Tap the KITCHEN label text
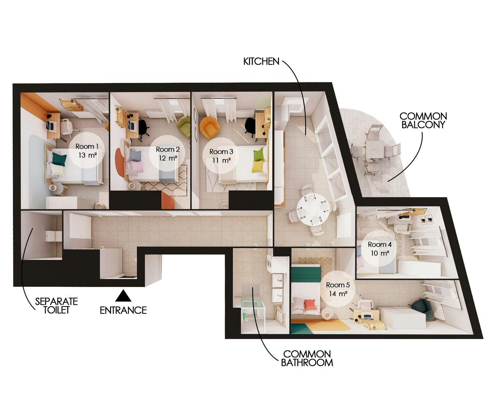[261, 61]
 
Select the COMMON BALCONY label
[423, 120]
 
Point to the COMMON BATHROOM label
[307, 358]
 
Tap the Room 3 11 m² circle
[221, 156]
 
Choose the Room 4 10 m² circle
[380, 248]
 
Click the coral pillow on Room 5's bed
[310, 305]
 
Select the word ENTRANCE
[123, 310]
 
